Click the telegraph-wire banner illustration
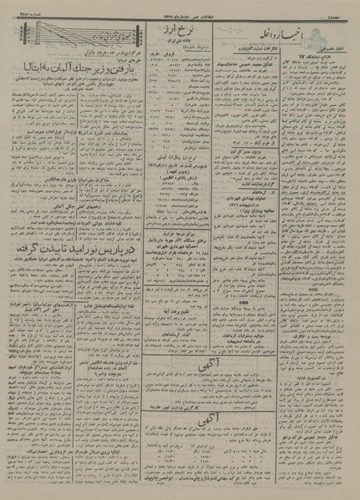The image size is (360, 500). pyautogui.click(x=74, y=33)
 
